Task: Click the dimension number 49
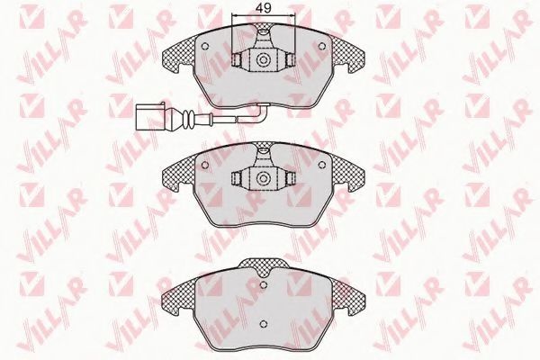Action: click(264, 8)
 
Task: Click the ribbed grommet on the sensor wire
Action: click(188, 118)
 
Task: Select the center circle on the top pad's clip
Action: click(264, 59)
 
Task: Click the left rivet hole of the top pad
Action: click(204, 46)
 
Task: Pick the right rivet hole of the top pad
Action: click(322, 46)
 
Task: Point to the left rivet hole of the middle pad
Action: click(204, 165)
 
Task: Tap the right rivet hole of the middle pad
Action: click(322, 165)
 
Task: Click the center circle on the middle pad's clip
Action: click(264, 178)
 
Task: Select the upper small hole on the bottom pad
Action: click(264, 284)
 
